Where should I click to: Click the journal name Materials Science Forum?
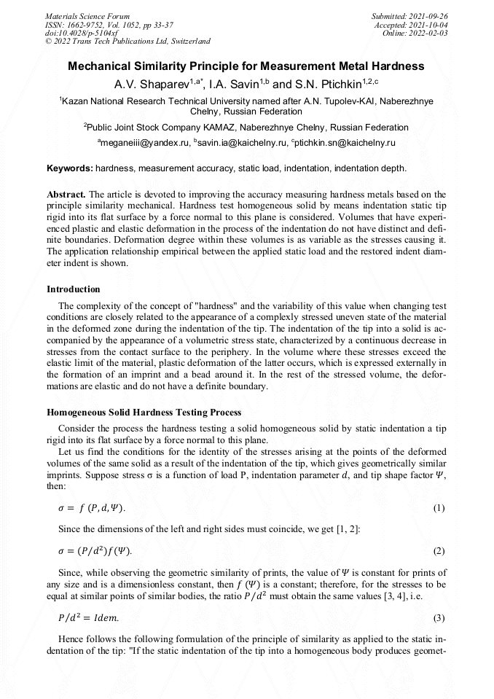click(x=87, y=15)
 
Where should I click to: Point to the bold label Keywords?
click(x=70, y=168)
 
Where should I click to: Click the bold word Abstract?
click(x=66, y=195)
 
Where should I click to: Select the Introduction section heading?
click(x=74, y=289)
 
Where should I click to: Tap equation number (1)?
click(x=439, y=508)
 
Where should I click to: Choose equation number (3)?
click(x=439, y=619)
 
